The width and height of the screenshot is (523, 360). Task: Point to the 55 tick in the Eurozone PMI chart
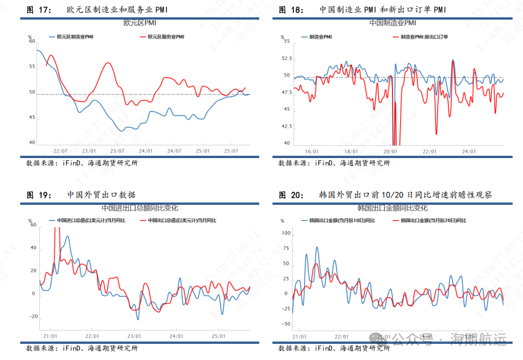[x=32, y=67]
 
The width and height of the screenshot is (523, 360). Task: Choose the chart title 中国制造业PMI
[x=393, y=23]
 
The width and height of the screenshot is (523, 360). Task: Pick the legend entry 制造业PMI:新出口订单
[x=424, y=37]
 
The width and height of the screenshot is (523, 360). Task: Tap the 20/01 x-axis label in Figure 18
[x=391, y=152]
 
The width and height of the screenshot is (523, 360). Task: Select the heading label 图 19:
[x=39, y=195]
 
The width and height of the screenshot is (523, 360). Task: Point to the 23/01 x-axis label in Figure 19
[x=134, y=336]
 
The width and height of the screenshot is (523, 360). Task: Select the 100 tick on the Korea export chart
[x=286, y=233]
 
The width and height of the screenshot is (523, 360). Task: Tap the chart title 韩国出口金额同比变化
[x=393, y=208]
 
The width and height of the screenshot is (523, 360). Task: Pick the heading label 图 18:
[x=291, y=10]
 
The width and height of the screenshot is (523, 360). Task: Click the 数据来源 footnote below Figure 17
[x=82, y=163]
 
